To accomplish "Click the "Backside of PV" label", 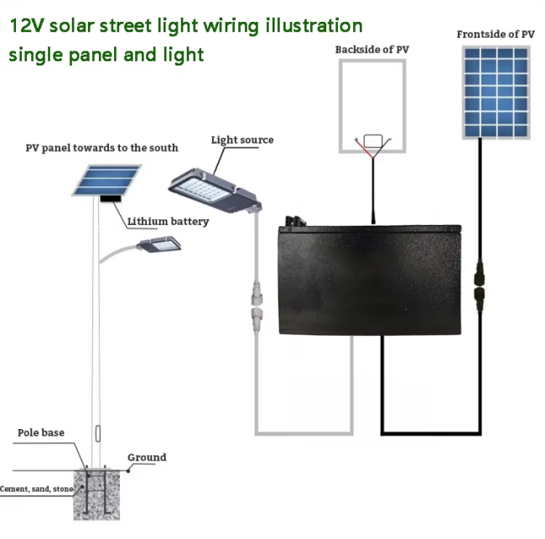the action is (372, 50).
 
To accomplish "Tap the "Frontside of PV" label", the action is (496, 34).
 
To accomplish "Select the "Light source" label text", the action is (242, 140).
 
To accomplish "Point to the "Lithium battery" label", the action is (169, 222).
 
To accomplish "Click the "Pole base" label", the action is (41, 432).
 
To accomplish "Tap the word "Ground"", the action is (147, 458).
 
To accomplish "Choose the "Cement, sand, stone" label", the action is (37, 489).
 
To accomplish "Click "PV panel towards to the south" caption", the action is (101, 148).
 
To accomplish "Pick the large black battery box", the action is (370, 280).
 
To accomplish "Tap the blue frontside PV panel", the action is (496, 92).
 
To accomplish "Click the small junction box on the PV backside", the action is (373, 141).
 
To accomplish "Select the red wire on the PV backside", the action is (364, 149).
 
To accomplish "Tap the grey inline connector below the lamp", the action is (257, 308).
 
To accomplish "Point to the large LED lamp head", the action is (215, 191).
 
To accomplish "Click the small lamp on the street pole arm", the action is (159, 244).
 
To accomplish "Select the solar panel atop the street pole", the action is (106, 181).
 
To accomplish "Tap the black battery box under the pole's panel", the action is (111, 199).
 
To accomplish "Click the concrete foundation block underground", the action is (96, 495).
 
